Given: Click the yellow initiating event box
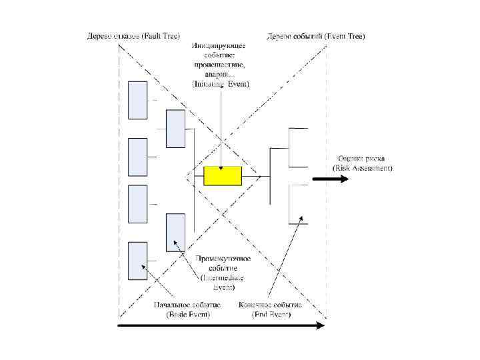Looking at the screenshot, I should [223, 176].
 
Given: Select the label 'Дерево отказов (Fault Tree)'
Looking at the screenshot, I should [134, 36].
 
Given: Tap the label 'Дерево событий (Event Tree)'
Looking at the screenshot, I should [316, 36].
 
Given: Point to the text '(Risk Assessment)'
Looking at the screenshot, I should [363, 169].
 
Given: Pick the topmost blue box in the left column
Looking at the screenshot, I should [137, 100].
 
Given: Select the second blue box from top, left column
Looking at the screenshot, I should [137, 157].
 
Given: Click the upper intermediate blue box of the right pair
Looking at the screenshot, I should [175, 129].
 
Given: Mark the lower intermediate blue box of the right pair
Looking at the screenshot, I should [175, 233].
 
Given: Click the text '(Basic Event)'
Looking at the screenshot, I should [187, 314].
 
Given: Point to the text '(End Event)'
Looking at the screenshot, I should [271, 314].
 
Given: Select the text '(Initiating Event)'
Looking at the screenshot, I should [220, 85].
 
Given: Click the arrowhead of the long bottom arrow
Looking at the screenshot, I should [321, 325].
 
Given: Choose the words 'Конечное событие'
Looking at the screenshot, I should [269, 305].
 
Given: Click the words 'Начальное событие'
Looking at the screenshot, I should [187, 305].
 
